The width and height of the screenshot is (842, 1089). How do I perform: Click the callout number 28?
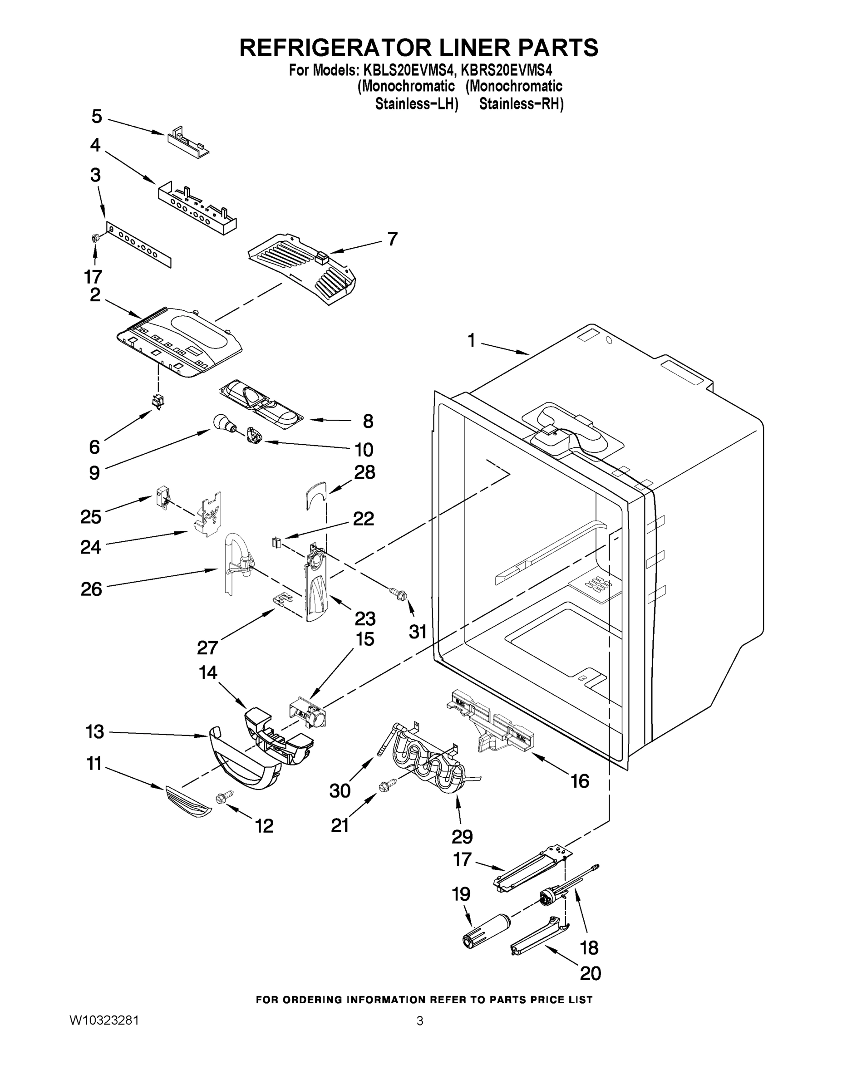[x=364, y=472]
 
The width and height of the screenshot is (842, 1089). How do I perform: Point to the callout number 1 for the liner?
[x=471, y=341]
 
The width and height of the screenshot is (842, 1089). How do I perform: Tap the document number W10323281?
[x=104, y=1020]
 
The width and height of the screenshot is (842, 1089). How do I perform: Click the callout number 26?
[x=91, y=589]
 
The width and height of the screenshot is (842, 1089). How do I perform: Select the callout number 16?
[x=580, y=780]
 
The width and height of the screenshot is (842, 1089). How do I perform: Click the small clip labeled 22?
[x=276, y=542]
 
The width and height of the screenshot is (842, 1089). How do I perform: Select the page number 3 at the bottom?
[x=419, y=1021]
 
